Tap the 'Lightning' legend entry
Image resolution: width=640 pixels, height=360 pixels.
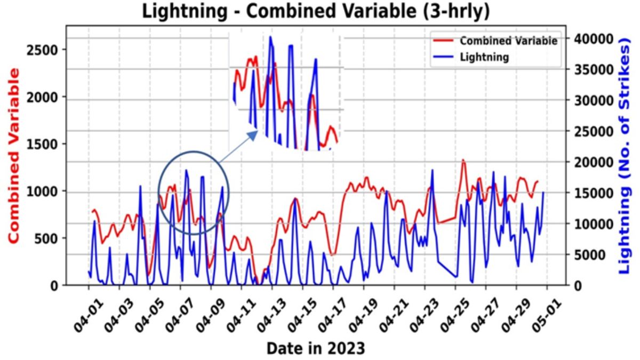tap(484, 57)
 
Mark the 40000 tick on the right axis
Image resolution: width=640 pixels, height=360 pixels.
tap(589, 39)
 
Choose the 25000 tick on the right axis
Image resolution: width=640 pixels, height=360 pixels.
tap(589, 131)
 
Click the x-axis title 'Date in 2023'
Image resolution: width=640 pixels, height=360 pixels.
tap(316, 349)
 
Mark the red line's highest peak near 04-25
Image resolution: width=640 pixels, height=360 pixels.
tap(463, 159)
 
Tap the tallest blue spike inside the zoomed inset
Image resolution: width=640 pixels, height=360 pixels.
tap(270, 37)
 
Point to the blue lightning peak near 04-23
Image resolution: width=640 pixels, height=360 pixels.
tap(433, 170)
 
